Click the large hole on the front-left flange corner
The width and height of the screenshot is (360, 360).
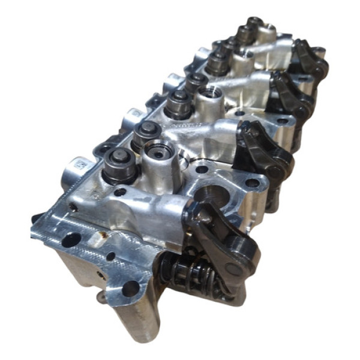click(x=71, y=239)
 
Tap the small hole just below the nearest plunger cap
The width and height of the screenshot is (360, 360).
click(x=121, y=192)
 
